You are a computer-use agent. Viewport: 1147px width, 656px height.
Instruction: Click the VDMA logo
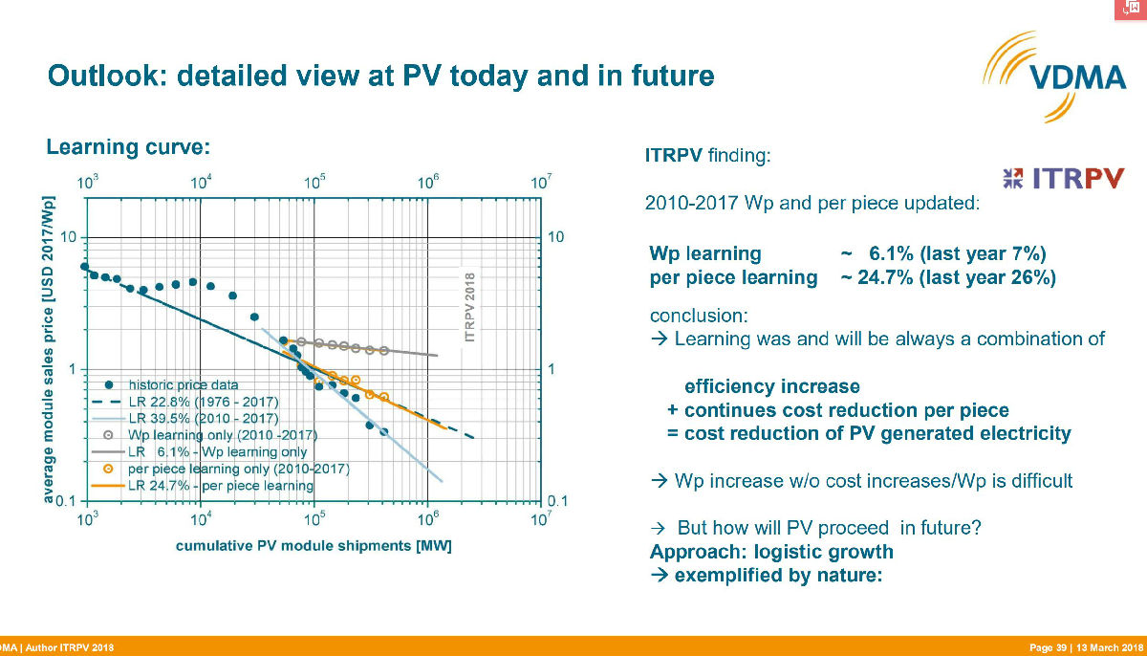pos(1055,77)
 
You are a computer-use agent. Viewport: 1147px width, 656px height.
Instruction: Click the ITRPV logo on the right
pos(1063,178)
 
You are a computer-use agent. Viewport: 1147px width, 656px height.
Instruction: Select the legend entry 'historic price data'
pos(183,384)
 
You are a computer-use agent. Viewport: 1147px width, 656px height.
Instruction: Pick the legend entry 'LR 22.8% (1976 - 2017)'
pos(204,402)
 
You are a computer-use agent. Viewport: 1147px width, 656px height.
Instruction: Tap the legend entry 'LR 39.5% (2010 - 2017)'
pos(204,419)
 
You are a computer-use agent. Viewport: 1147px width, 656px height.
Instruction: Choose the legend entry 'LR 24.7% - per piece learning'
pos(220,486)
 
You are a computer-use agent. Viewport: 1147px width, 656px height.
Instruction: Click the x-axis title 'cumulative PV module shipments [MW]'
pos(314,546)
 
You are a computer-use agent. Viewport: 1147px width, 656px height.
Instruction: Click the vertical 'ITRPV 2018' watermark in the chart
pos(469,307)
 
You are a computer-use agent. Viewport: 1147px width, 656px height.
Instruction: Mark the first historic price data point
pos(85,266)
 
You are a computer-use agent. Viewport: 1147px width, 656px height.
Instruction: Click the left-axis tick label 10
pos(68,237)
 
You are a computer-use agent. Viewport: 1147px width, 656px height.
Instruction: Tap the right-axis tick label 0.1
pos(557,501)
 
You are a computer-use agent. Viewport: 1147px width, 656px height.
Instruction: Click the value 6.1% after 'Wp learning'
pos(891,254)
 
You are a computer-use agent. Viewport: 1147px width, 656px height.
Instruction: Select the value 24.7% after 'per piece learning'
pos(885,277)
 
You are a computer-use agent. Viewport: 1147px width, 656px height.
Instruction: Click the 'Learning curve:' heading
pos(128,147)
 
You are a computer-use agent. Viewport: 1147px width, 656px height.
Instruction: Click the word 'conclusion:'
pos(699,316)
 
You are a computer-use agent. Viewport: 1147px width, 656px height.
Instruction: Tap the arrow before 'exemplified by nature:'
pos(659,575)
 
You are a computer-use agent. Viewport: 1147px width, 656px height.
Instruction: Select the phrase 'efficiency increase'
pos(772,386)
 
